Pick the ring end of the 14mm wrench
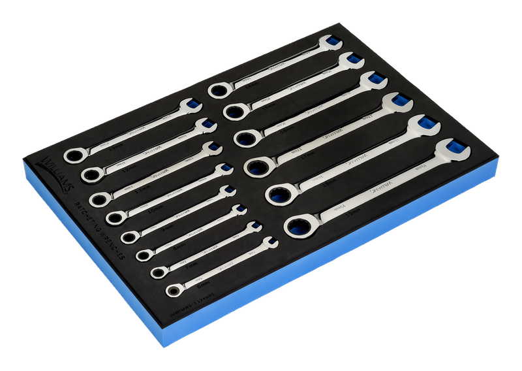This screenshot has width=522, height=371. pyautogui.click(x=218, y=89)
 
